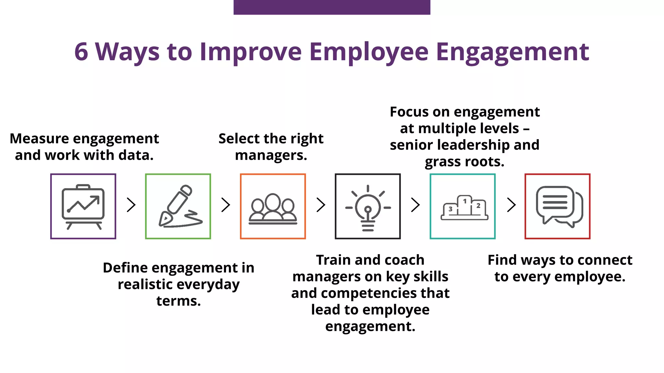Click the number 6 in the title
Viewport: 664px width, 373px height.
coord(81,52)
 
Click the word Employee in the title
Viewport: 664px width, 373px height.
coord(369,52)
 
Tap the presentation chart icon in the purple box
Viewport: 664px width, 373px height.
coord(83,206)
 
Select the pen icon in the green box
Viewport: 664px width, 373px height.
coord(178,206)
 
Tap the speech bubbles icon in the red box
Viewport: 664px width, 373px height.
coord(559,206)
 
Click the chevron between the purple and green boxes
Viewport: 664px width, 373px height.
coord(131,205)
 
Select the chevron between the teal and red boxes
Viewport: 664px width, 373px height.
coord(511,205)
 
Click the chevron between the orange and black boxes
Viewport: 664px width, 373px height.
coord(321,205)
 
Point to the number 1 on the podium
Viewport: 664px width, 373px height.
coord(465,201)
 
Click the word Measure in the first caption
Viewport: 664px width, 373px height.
coord(39,139)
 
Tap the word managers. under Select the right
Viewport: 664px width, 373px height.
coord(271,155)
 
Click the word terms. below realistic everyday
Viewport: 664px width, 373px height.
coord(178,301)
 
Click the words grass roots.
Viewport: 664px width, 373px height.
coord(464,162)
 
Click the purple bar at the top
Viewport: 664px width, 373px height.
coord(332,7)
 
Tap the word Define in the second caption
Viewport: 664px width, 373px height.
coord(125,268)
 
